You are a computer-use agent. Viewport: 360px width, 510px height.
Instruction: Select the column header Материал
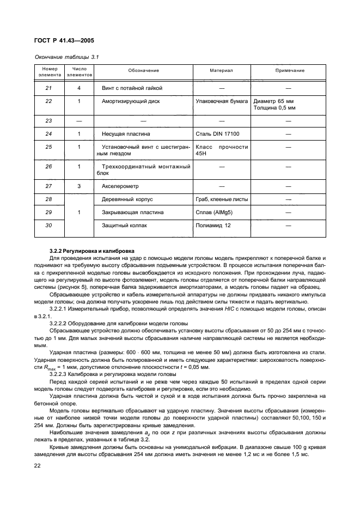tap(221, 71)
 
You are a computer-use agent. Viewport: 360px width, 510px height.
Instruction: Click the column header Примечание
tap(289, 71)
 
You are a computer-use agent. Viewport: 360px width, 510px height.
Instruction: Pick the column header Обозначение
tap(144, 71)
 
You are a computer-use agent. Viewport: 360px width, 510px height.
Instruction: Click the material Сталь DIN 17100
tap(216, 133)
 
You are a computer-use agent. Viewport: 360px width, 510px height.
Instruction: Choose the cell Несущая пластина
tap(126, 133)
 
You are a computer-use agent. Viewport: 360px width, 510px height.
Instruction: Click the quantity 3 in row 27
tap(79, 186)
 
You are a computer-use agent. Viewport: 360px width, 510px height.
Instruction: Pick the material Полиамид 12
tap(213, 225)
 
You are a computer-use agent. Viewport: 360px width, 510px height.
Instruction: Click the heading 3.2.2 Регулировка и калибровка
tap(88, 251)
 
